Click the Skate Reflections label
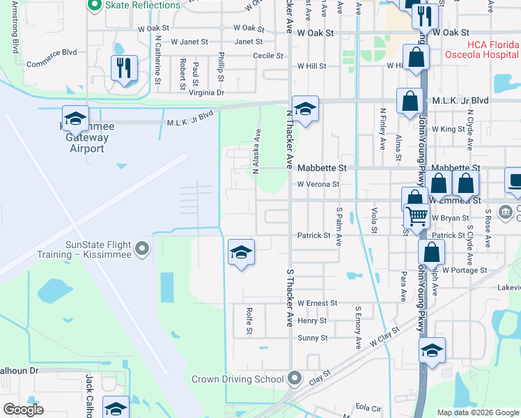click(143, 6)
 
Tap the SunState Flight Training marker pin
click(142, 248)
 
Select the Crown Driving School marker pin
click(295, 378)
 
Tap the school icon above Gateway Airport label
click(75, 118)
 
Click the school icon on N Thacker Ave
click(304, 109)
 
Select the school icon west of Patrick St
click(241, 252)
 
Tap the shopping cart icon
click(417, 217)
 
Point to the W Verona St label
click(318, 185)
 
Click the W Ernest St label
click(317, 304)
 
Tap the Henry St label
click(312, 320)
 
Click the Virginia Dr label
click(207, 93)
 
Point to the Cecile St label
click(268, 56)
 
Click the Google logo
click(23, 410)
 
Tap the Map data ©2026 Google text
click(477, 412)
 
